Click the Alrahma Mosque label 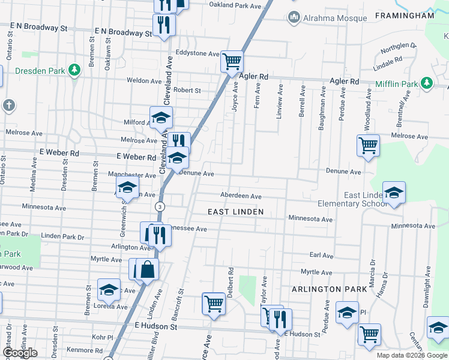click(x=334, y=18)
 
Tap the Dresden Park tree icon click(x=74, y=70)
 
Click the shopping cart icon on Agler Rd click(x=232, y=61)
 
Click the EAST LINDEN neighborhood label click(x=236, y=211)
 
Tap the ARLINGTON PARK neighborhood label click(x=329, y=289)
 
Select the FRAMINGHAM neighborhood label click(x=404, y=16)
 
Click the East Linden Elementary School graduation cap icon click(x=394, y=193)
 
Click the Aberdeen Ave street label click(x=241, y=196)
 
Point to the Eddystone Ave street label click(x=197, y=53)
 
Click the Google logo click(x=20, y=353)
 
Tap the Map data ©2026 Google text click(x=411, y=355)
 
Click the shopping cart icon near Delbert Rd click(x=214, y=304)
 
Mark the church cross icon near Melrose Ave click(x=8, y=106)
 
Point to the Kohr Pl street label click(x=103, y=337)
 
